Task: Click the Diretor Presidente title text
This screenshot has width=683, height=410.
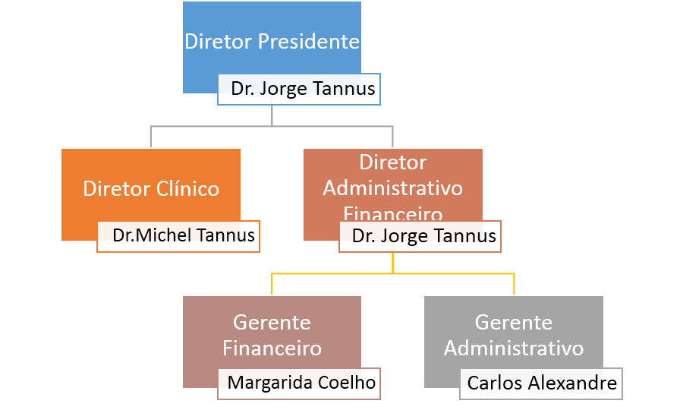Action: (272, 41)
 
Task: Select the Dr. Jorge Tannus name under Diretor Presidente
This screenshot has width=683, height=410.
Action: (303, 89)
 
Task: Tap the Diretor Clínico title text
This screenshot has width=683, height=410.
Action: (151, 188)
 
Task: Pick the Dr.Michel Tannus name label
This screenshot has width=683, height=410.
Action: (183, 235)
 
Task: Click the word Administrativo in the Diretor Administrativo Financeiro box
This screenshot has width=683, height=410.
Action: (392, 188)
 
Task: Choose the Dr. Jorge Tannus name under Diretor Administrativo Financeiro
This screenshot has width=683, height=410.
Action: (423, 236)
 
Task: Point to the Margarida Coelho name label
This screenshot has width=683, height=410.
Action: (301, 383)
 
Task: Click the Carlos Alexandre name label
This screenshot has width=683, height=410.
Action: (542, 383)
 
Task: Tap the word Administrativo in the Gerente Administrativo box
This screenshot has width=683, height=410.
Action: (514, 348)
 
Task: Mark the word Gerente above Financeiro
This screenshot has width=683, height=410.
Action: (272, 323)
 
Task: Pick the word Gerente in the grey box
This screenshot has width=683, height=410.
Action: (514, 323)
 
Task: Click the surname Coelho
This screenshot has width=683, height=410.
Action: (348, 383)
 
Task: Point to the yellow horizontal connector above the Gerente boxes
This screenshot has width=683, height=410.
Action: (455, 273)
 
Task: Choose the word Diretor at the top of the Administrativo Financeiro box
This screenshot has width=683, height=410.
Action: (392, 162)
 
